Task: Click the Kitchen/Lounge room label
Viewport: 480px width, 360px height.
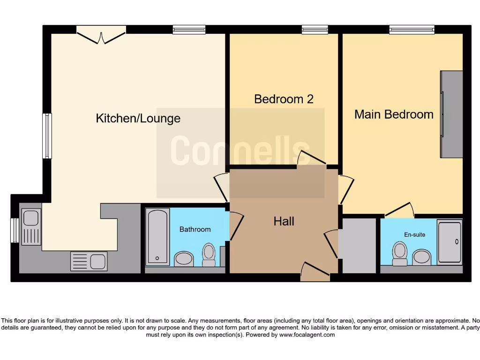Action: (138, 118)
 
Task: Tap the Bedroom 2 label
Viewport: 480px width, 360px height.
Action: (283, 99)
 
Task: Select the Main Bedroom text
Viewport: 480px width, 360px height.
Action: (394, 114)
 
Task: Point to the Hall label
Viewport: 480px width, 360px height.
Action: (284, 221)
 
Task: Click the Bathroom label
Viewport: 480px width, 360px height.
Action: (195, 229)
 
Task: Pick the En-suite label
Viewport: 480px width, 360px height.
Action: (415, 234)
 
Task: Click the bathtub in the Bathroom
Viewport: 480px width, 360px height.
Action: (157, 237)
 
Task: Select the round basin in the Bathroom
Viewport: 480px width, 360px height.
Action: (184, 258)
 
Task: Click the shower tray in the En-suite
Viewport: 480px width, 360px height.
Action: (450, 242)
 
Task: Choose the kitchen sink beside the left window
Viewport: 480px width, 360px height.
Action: (31, 224)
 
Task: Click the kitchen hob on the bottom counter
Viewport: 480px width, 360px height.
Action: (89, 261)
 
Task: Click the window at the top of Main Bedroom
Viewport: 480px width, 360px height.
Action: (405, 30)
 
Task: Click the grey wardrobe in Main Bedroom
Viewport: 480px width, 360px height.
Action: (451, 114)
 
